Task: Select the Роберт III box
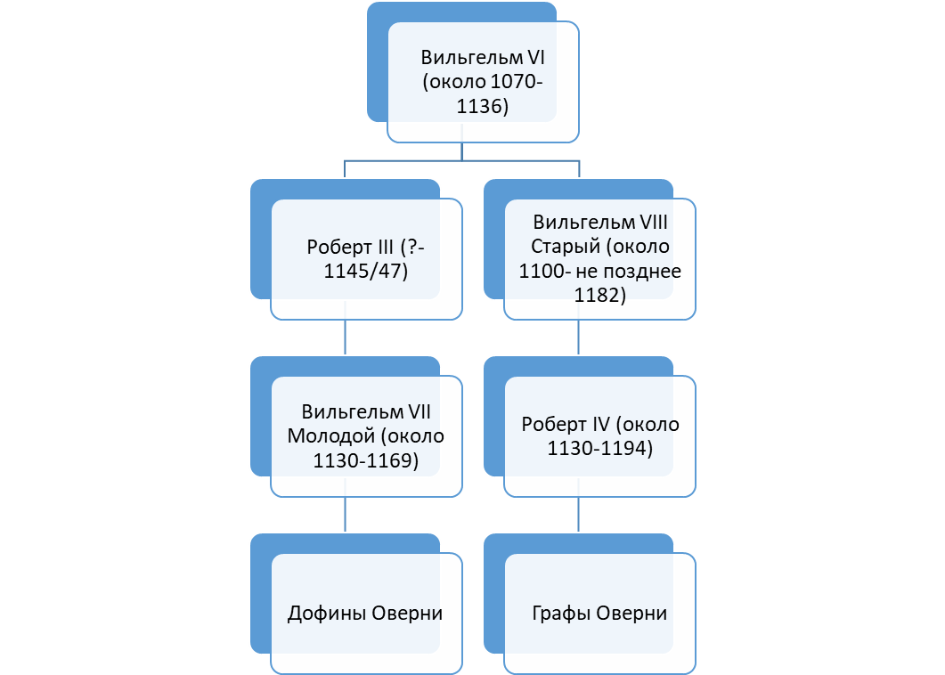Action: pyautogui.click(x=366, y=259)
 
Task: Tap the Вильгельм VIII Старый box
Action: pyautogui.click(x=599, y=259)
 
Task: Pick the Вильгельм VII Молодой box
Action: pyautogui.click(x=366, y=436)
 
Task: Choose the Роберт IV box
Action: pyautogui.click(x=599, y=436)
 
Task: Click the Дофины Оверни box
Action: pyautogui.click(x=366, y=614)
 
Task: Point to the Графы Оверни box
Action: pyautogui.click(x=599, y=614)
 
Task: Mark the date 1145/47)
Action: pyautogui.click(x=365, y=272)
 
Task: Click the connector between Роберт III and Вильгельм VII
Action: pyautogui.click(x=345, y=337)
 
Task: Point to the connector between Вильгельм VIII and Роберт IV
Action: pyautogui.click(x=579, y=337)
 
